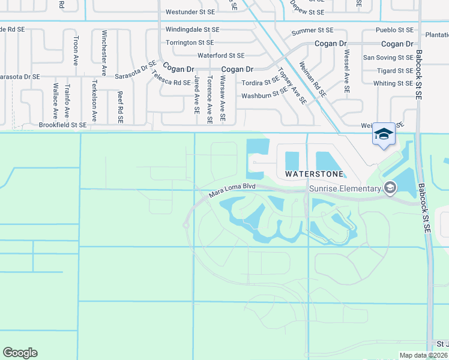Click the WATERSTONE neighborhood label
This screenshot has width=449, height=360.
pyautogui.click(x=315, y=174)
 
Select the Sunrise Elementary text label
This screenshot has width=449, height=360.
pyautogui.click(x=345, y=189)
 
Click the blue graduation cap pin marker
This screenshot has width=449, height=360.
pyautogui.click(x=384, y=134)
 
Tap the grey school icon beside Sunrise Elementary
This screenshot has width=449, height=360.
pyautogui.click(x=390, y=188)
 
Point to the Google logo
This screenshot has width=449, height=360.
pyautogui.click(x=20, y=353)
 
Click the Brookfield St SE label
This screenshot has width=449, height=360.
pyautogui.click(x=62, y=125)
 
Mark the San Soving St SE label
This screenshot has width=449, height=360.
pyautogui.click(x=388, y=58)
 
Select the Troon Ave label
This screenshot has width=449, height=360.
pyautogui.click(x=76, y=50)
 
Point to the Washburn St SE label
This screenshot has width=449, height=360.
pyautogui.click(x=265, y=95)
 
